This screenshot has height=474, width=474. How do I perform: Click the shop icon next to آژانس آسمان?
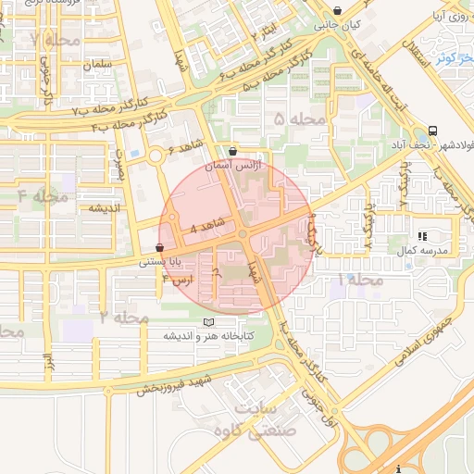coord(231,151)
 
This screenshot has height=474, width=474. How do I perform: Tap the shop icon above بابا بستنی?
coord(161,248)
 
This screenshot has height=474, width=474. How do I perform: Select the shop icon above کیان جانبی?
coord(336,12)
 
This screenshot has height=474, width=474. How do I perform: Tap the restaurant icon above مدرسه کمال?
coord(423,237)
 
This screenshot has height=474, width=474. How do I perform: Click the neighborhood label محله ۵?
coord(301,119)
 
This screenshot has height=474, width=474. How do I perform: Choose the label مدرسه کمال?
coord(428,251)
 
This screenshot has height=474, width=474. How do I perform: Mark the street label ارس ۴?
coord(180,278)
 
